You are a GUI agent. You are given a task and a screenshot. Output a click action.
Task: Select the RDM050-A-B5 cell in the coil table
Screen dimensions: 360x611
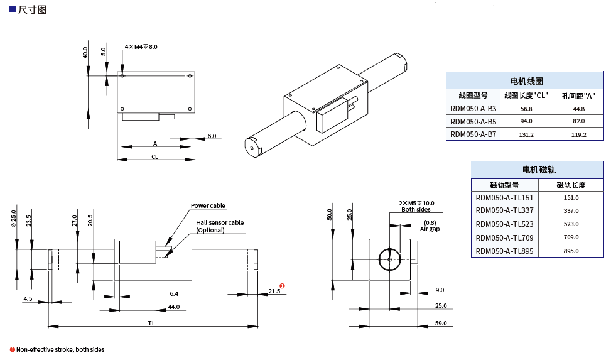pyautogui.click(x=473, y=121)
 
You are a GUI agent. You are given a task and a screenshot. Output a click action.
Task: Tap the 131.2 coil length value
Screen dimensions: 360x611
pyautogui.click(x=526, y=134)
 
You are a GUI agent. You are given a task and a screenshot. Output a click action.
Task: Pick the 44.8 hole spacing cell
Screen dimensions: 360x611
pyautogui.click(x=578, y=109)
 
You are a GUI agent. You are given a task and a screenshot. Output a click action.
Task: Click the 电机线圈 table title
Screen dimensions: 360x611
pyautogui.click(x=526, y=81)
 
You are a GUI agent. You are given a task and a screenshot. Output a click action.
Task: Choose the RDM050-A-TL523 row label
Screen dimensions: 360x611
pyautogui.click(x=504, y=224)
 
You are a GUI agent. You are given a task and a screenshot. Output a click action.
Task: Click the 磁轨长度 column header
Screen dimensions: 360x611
pyautogui.click(x=571, y=185)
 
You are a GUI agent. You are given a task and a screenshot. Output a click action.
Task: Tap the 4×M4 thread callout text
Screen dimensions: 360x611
pyautogui.click(x=141, y=47)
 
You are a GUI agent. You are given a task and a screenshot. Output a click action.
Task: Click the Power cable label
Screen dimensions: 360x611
pyautogui.click(x=208, y=206)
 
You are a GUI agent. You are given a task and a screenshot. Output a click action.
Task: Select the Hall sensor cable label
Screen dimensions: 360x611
pyautogui.click(x=219, y=222)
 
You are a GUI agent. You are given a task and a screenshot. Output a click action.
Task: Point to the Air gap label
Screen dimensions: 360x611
pyautogui.click(x=430, y=229)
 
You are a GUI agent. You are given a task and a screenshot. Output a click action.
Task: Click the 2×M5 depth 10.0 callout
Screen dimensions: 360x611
pyautogui.click(x=416, y=204)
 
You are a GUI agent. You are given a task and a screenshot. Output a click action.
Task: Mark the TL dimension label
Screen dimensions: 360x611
pyautogui.click(x=151, y=323)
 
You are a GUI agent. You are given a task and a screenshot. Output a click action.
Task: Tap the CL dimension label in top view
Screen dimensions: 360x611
pyautogui.click(x=154, y=156)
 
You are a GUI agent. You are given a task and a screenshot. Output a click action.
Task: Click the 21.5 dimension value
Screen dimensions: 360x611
pyautogui.click(x=274, y=291)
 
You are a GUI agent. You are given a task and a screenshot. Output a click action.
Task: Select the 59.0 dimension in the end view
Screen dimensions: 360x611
pyautogui.click(x=440, y=323)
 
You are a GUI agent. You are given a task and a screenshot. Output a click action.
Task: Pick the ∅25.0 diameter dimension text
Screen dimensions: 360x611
pyautogui.click(x=13, y=217)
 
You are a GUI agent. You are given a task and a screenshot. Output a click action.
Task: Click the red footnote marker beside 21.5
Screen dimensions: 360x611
pyautogui.click(x=283, y=286)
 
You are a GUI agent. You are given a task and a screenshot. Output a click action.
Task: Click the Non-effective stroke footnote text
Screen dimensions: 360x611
pyautogui.click(x=60, y=349)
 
